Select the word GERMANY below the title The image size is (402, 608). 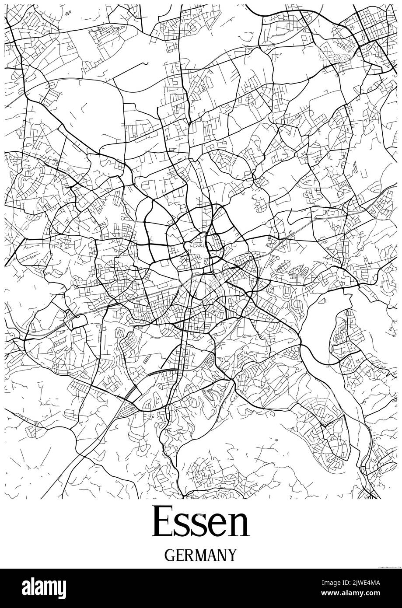click(x=201, y=555)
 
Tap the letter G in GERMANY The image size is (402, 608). click(x=170, y=555)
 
